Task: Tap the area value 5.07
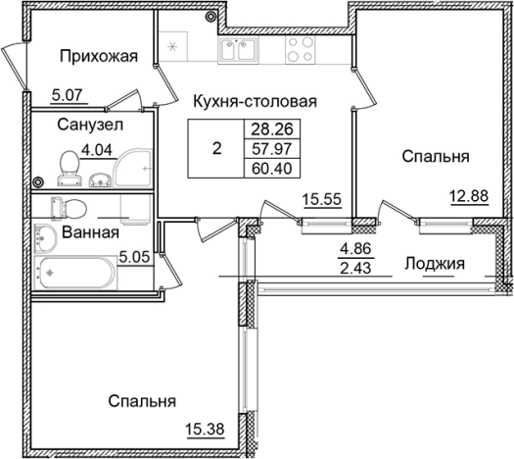pos(42,96)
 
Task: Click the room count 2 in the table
pos(216,148)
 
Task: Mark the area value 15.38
pos(203,427)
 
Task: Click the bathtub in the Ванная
pos(73,275)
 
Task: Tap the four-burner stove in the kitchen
pos(300,52)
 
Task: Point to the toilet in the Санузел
pos(70,169)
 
